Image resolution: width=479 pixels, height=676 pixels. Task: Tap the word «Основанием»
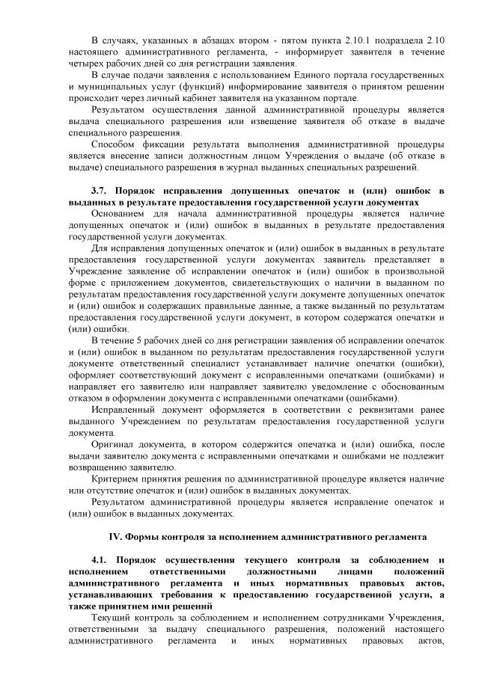(120, 214)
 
